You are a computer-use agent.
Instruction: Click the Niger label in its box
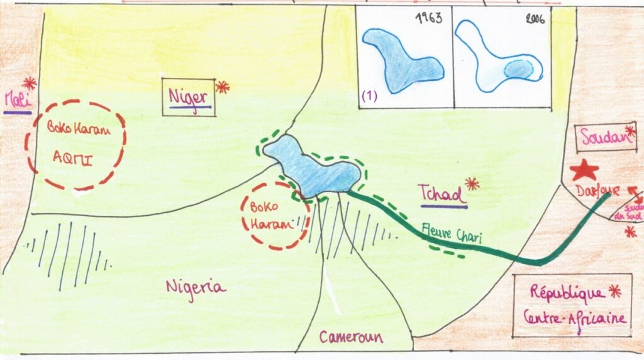189,98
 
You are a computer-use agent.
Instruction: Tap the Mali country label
17,101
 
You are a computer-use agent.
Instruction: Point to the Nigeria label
196,286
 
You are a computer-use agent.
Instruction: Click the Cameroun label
351,337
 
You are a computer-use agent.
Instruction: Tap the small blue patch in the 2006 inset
523,69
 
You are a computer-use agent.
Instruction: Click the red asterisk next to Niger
222,87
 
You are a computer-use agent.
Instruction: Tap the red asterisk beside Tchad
472,183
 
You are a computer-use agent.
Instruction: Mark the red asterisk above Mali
29,82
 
